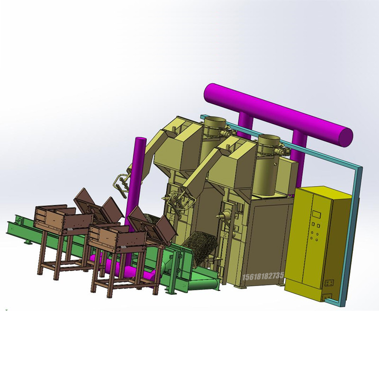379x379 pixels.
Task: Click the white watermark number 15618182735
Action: (263, 276)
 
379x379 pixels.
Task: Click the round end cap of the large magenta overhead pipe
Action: (345, 137)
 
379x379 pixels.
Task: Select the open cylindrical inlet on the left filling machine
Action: (215, 120)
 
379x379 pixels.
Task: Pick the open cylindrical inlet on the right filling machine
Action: (269, 138)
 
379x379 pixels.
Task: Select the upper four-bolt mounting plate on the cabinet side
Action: (329, 283)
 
